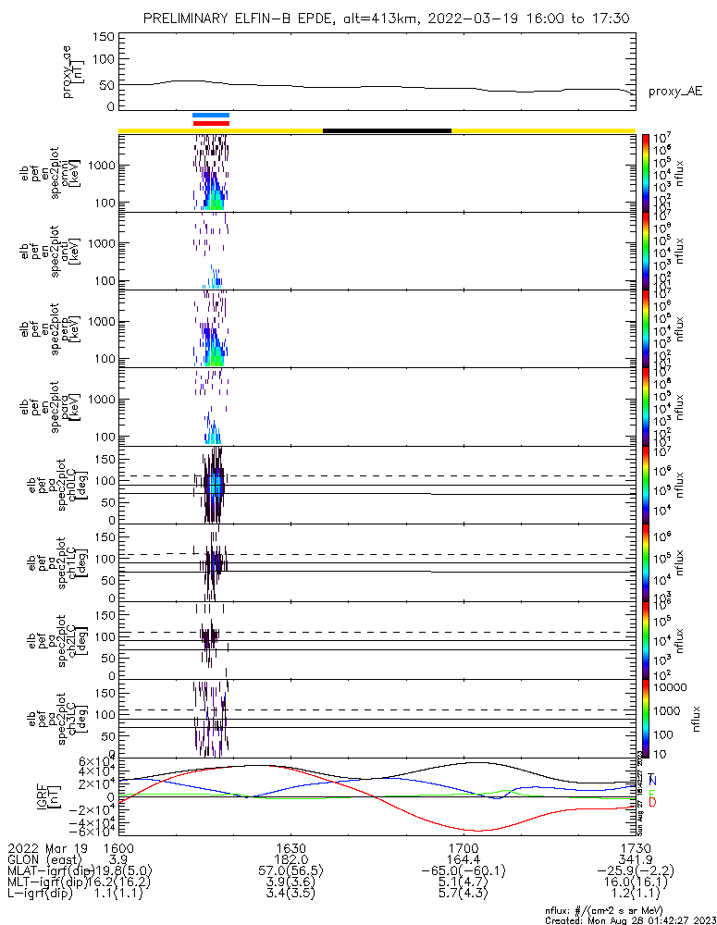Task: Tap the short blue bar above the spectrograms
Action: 211,116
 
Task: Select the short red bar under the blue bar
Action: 211,122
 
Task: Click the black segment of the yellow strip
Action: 387,130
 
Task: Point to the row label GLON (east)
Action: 43,859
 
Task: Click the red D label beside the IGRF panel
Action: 652,803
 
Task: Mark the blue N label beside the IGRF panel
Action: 652,782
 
